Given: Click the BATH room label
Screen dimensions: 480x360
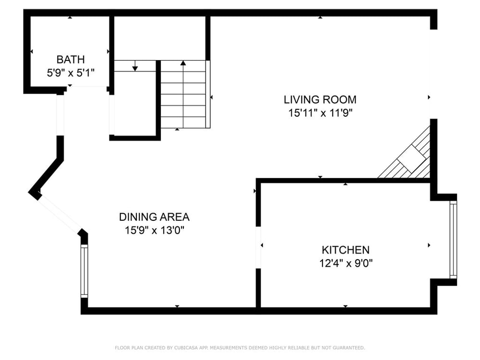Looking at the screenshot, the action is tap(71, 60).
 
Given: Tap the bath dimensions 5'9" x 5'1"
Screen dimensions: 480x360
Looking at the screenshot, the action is tap(71, 73).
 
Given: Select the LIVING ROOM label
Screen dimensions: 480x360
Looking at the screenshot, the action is tap(320, 99).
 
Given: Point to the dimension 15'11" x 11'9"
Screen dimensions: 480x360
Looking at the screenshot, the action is tap(320, 113).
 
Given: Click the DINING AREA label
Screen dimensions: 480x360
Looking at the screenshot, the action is tap(154, 217).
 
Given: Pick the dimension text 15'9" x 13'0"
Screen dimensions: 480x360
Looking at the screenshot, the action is tap(154, 230).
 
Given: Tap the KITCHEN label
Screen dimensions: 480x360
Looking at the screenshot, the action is tap(346, 250).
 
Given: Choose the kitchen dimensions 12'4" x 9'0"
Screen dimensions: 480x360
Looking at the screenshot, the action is tap(346, 263).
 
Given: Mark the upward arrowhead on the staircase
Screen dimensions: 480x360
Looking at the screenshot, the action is tap(183, 63).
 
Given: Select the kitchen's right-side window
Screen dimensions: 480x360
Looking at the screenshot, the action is tap(453, 240).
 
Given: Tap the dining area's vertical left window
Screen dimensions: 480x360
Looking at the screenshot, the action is tap(84, 271).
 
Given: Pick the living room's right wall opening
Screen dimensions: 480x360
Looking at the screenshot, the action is tap(433, 74).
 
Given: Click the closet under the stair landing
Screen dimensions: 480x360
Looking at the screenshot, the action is tap(135, 104).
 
